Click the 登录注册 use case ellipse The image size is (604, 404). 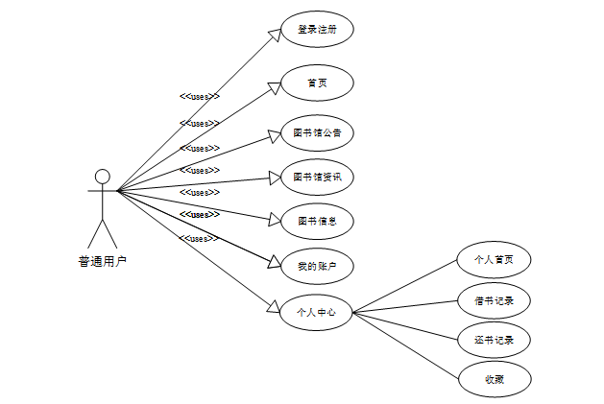click(x=317, y=29)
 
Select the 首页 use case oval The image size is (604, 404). click(x=317, y=83)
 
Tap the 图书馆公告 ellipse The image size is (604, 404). click(x=317, y=132)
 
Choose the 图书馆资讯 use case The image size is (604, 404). click(x=317, y=177)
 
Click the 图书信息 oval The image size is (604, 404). click(x=317, y=221)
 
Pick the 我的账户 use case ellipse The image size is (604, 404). click(x=317, y=265)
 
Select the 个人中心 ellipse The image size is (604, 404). click(x=317, y=312)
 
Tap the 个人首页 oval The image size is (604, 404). click(x=494, y=259)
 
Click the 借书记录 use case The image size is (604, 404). click(x=494, y=300)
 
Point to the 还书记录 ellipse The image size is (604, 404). click(x=494, y=340)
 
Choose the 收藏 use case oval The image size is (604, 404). click(x=494, y=380)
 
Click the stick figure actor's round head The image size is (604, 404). click(x=102, y=177)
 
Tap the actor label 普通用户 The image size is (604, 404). click(x=102, y=260)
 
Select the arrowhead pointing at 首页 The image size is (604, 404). click(x=274, y=87)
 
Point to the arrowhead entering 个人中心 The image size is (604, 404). click(x=273, y=308)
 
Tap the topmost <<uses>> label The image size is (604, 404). click(x=200, y=96)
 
